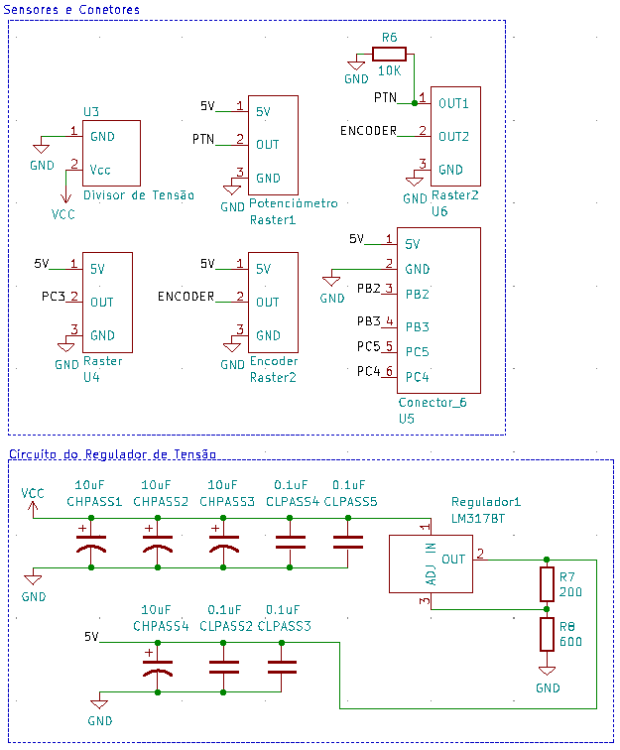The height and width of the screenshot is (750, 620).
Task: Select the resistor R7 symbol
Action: [x=547, y=584]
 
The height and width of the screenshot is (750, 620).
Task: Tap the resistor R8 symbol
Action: [x=547, y=634]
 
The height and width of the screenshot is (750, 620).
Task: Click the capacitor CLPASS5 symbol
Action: [x=348, y=542]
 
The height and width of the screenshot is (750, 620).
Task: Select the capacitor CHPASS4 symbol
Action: [x=159, y=667]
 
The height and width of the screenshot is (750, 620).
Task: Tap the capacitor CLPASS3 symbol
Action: [x=282, y=667]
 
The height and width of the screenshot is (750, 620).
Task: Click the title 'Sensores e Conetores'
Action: [x=71, y=9]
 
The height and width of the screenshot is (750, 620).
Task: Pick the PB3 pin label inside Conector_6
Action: [x=418, y=326]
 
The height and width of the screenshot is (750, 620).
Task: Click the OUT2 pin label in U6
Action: [x=453, y=136]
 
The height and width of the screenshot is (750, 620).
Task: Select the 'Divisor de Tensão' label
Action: [x=138, y=195]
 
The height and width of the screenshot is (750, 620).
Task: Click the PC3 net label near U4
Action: [x=54, y=297]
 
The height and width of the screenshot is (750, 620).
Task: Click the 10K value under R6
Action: [x=389, y=71]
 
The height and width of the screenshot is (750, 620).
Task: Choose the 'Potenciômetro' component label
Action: [x=294, y=203]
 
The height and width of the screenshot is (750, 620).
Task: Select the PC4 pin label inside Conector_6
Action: [x=418, y=377]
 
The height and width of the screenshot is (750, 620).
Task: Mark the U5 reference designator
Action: [x=407, y=420]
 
